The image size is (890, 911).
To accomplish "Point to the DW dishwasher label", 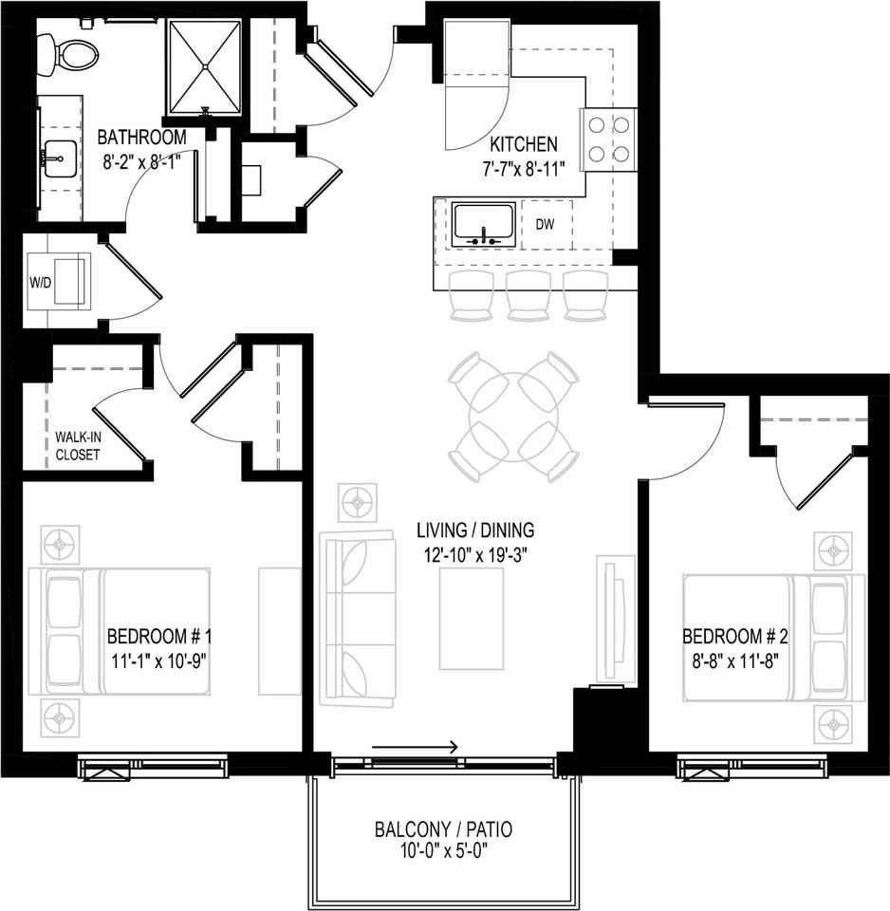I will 544,225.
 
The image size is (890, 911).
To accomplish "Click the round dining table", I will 513,417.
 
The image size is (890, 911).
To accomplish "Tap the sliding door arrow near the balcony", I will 416,747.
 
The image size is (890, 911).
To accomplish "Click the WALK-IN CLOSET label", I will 77,446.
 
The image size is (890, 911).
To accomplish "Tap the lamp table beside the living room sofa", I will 359,501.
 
